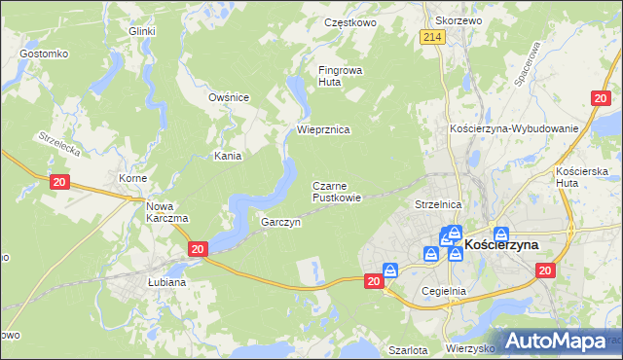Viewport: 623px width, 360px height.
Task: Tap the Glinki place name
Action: pos(142,31)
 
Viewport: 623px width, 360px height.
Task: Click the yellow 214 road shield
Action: pos(433,36)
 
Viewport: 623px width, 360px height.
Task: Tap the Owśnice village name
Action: pos(230,97)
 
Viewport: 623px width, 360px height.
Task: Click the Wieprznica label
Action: pos(323,129)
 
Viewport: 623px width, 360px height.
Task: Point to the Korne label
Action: pos(132,179)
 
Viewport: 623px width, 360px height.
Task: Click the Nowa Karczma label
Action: pos(166,212)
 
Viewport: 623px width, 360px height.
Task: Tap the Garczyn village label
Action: pos(280,222)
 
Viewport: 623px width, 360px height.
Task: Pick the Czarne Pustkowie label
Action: pos(337,191)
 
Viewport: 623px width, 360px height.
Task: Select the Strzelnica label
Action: pos(437,205)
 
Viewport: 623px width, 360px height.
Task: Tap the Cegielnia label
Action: pos(445,290)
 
